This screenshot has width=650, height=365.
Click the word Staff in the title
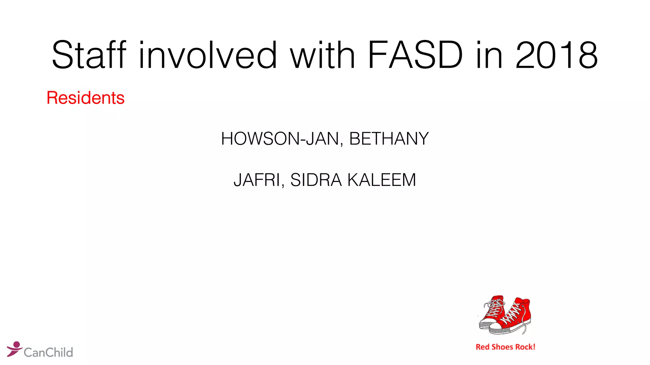coord(89,55)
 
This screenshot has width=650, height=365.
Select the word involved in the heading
coord(208,55)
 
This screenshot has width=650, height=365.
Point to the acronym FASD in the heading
coord(415,55)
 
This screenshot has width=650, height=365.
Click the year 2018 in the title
coord(556,55)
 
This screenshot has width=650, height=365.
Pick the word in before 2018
coord(489,55)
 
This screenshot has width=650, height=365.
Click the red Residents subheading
coord(85,98)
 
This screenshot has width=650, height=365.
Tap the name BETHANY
coord(389,139)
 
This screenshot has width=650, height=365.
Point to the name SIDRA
coord(316,180)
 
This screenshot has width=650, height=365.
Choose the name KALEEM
coord(381,180)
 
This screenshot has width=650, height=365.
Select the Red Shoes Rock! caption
coord(505,347)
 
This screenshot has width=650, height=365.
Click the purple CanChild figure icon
coord(14,349)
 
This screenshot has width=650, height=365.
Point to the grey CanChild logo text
coord(48,352)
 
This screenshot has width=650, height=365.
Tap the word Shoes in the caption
coord(502,347)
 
